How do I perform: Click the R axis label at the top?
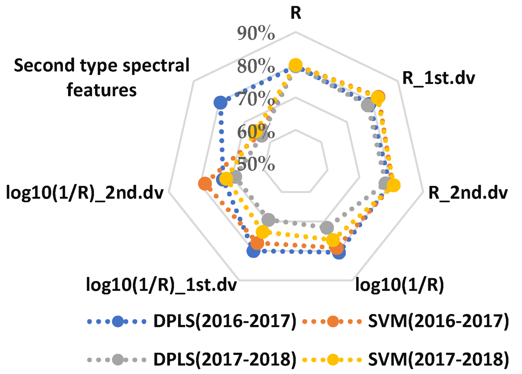(296, 13)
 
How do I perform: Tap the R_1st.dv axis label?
(438, 78)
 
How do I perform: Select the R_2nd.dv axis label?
(468, 193)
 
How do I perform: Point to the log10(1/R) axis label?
(399, 284)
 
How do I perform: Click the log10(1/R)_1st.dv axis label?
(161, 285)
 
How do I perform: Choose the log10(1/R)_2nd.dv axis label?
(85, 193)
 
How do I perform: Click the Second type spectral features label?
(102, 78)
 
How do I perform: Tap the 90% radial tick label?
(256, 33)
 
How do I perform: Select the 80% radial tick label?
(256, 66)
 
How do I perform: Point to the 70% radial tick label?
(256, 99)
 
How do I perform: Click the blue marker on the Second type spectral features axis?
(220, 102)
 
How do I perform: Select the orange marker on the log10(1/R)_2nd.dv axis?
(205, 184)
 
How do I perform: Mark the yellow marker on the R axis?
(296, 65)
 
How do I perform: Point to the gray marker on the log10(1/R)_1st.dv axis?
(268, 219)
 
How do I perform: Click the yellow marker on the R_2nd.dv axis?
(393, 185)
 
